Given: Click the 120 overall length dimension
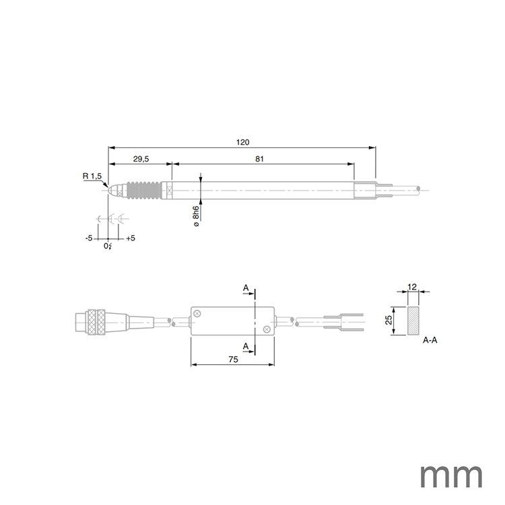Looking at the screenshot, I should tap(243, 142).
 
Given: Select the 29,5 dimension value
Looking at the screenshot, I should tap(141, 159).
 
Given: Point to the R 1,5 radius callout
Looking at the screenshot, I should tap(92, 176).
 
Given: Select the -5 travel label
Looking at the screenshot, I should tap(89, 238).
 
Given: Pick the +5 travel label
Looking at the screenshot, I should tap(131, 238).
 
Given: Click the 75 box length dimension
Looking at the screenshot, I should tap(233, 360).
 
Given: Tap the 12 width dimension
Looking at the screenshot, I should tap(413, 288).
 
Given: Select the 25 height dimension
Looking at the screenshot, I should tap(389, 321).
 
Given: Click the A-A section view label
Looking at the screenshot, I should tap(430, 341).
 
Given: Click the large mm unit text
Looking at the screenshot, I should tap(450, 477).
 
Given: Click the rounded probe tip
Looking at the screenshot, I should tap(112, 191).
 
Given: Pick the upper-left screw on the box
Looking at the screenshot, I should tap(197, 314).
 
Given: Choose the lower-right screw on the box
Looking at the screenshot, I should tap(267, 329).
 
